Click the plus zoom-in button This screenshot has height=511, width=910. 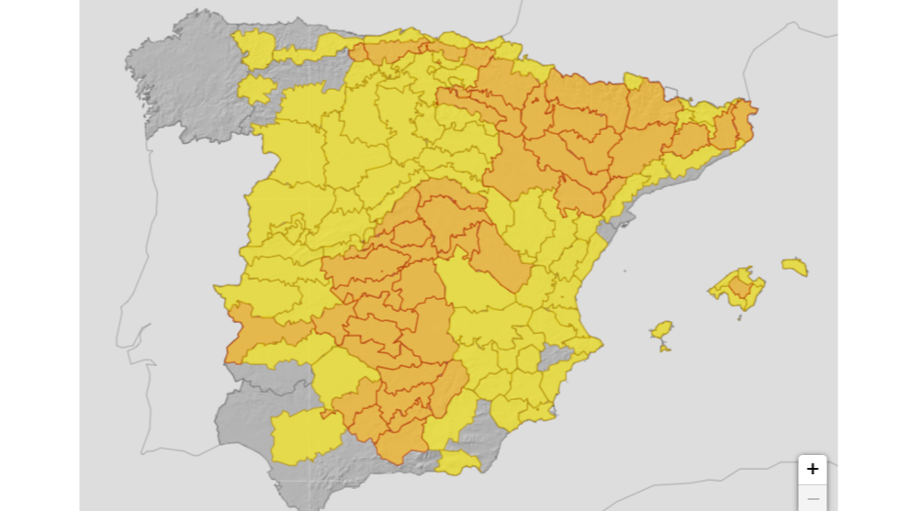[x=812, y=469]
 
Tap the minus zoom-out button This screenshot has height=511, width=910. [x=812, y=498]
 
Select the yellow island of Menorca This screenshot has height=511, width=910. [x=795, y=266]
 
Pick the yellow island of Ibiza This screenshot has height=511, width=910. [x=660, y=329]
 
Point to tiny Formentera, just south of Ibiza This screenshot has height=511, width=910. [x=665, y=348]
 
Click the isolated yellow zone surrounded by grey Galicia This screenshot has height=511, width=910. [x=256, y=89]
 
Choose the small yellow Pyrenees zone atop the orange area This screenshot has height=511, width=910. [x=635, y=82]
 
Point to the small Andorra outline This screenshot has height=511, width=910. [x=669, y=93]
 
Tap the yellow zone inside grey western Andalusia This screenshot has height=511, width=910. [x=303, y=436]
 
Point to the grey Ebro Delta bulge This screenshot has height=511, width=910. [x=616, y=219]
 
